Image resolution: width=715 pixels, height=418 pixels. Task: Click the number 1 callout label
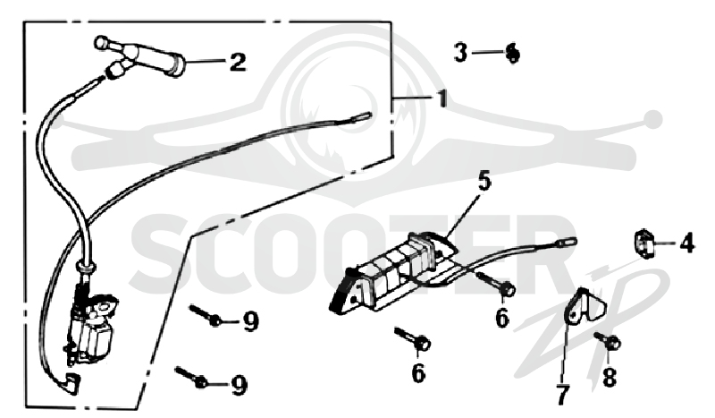442,98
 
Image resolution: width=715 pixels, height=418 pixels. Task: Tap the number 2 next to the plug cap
238,62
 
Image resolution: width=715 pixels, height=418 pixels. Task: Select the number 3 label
460,52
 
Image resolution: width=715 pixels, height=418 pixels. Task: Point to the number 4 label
686,243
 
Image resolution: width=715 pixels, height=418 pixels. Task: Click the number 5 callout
484,180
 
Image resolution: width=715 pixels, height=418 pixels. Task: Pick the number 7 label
563,395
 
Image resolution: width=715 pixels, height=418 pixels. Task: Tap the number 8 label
610,378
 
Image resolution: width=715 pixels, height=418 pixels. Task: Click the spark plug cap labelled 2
141,57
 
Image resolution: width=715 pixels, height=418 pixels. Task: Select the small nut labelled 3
512,53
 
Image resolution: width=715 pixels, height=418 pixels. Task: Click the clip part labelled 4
643,243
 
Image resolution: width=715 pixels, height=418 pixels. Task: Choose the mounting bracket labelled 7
585,306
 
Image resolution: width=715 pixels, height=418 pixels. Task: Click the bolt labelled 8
608,340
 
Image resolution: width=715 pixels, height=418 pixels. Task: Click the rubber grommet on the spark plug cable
86,267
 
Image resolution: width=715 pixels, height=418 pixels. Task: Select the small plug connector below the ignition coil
72,382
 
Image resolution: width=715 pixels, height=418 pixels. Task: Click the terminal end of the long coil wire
364,116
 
